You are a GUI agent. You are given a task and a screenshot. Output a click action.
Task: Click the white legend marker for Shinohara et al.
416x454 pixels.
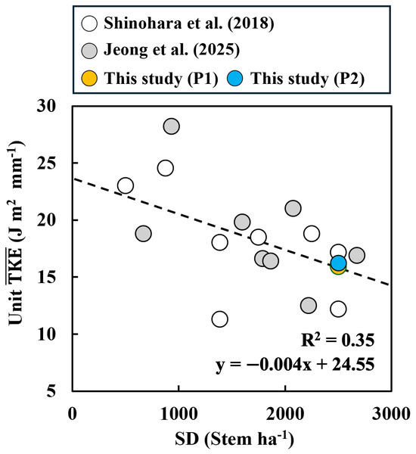click(89, 23)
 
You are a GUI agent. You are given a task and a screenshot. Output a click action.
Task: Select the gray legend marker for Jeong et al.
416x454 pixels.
click(89, 51)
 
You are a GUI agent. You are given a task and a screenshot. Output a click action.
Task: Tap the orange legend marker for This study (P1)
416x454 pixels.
click(89, 78)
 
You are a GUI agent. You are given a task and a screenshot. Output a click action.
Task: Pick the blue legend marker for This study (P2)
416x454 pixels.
click(234, 78)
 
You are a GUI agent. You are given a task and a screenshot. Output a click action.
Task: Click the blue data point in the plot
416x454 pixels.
click(338, 263)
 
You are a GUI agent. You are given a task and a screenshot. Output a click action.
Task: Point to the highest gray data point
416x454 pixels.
click(172, 126)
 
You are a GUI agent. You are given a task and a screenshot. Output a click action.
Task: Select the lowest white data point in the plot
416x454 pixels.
click(220, 319)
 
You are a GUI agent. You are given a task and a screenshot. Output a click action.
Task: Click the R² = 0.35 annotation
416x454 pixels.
click(337, 340)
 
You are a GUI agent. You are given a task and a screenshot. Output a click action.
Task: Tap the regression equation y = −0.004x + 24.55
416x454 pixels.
click(295, 365)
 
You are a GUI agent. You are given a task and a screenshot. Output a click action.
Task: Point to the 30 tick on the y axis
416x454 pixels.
click(46, 106)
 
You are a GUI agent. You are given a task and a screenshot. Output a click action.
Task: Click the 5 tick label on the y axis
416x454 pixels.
click(51, 391)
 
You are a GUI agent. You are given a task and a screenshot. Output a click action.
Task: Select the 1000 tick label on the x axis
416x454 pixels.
click(179, 414)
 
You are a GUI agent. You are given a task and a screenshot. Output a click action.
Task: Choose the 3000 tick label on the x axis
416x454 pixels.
click(391, 414)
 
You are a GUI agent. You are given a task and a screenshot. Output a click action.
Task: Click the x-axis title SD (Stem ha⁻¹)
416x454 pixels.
click(234, 439)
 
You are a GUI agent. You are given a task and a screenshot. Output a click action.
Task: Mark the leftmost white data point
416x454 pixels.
click(126, 185)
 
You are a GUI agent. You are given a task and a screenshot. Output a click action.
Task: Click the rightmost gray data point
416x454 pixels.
click(357, 255)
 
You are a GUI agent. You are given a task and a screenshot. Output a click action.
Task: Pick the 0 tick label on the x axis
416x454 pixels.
click(73, 414)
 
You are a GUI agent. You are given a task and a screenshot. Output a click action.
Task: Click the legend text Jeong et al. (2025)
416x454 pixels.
click(172, 50)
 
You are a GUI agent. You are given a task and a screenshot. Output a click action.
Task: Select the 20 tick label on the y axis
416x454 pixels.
click(46, 220)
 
